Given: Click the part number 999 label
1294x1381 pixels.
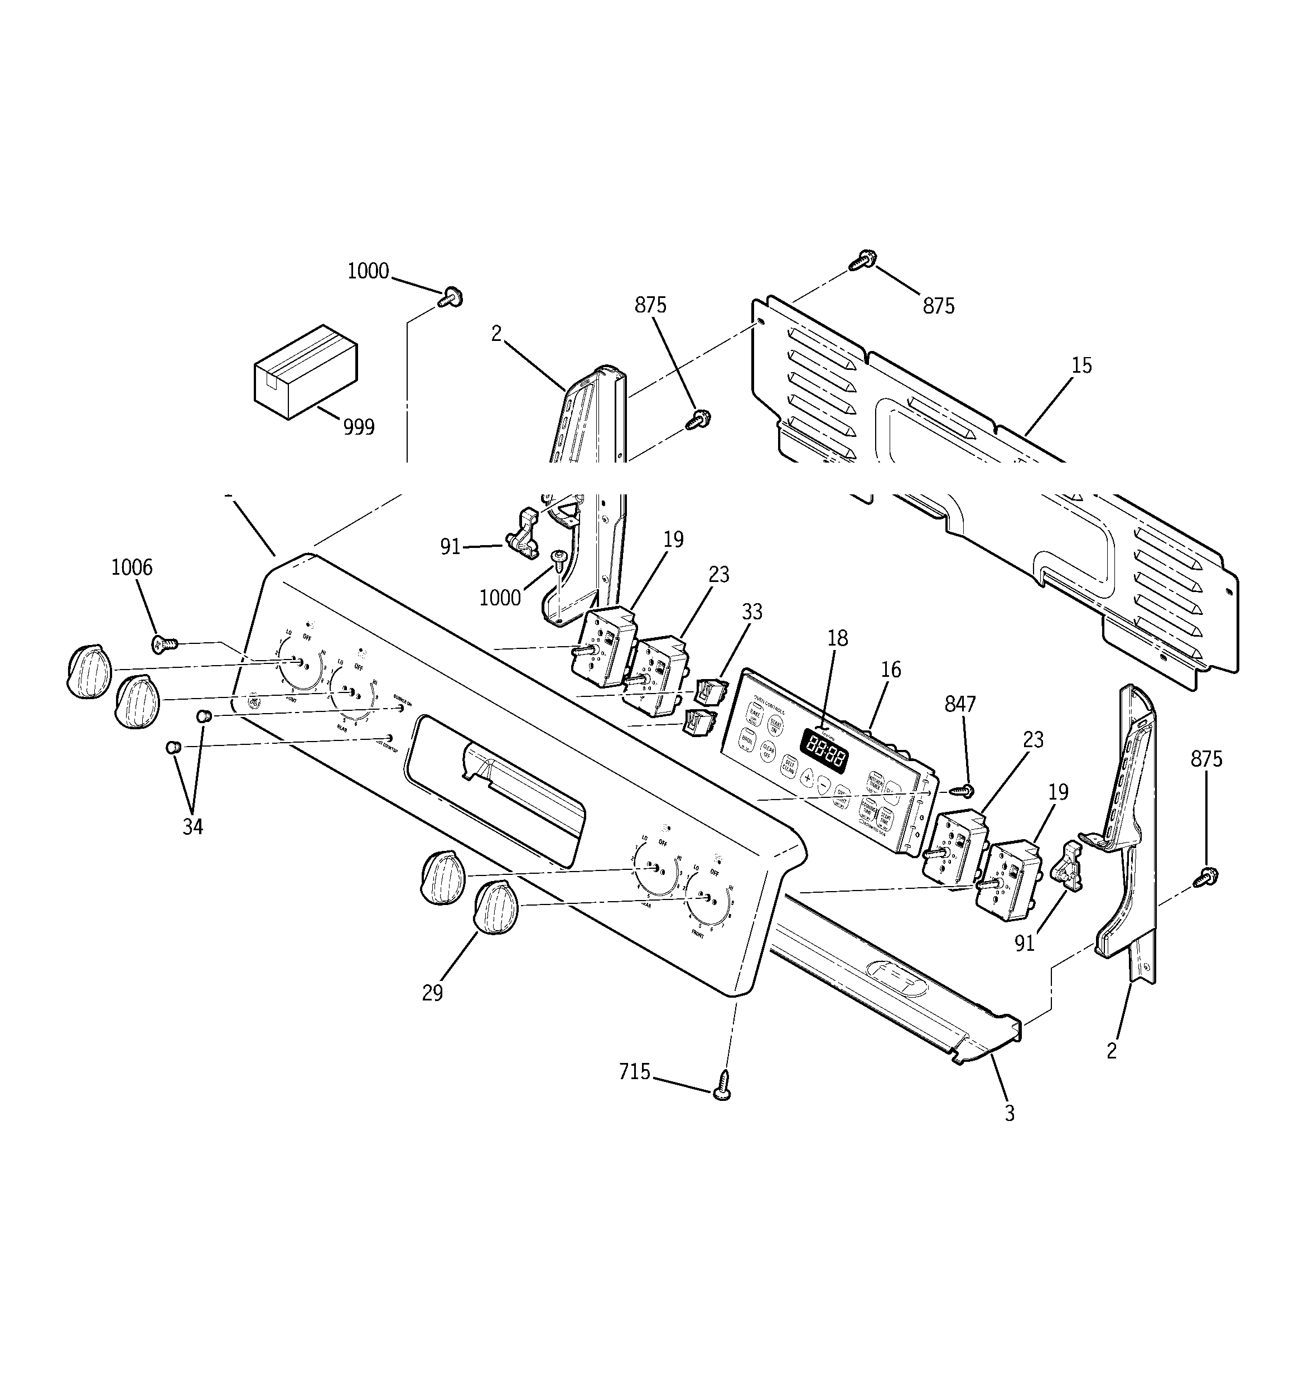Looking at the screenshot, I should pyautogui.click(x=359, y=426).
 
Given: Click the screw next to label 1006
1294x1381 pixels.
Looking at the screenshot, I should pyautogui.click(x=164, y=644).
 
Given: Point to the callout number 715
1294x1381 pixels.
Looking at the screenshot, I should pyautogui.click(x=635, y=1072).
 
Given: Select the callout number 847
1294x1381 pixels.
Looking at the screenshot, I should pyautogui.click(x=960, y=704).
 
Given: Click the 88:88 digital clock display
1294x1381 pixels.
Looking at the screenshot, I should pyautogui.click(x=824, y=751).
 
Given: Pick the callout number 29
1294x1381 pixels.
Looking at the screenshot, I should pyautogui.click(x=432, y=993).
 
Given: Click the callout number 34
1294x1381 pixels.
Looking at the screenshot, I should pyautogui.click(x=192, y=827).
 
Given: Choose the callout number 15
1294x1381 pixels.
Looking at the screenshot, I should pyautogui.click(x=1081, y=365).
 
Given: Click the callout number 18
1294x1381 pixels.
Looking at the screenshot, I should pyautogui.click(x=838, y=638).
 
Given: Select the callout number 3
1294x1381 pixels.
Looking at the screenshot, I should pyautogui.click(x=1009, y=1132).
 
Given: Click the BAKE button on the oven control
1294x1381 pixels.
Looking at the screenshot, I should pyautogui.click(x=754, y=714).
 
